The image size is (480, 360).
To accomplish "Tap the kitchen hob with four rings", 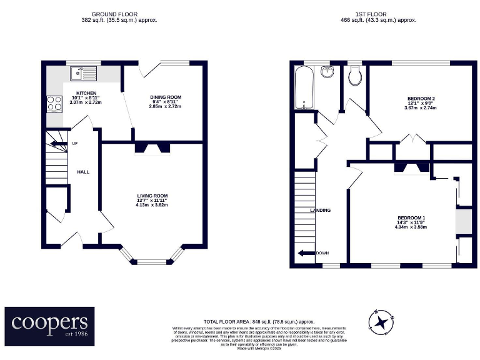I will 54,102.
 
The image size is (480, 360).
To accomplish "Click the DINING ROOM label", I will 165,97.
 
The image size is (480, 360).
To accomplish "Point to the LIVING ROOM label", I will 153,196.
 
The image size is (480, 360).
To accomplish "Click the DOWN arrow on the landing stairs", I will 306,253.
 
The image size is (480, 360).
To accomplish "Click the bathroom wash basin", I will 327,72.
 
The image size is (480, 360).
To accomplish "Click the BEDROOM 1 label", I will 410,217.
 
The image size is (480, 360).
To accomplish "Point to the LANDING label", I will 320,211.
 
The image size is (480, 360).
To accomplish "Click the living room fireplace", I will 152,149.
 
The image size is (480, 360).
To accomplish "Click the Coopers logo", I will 50,325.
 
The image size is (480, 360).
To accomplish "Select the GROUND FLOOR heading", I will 114,14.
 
